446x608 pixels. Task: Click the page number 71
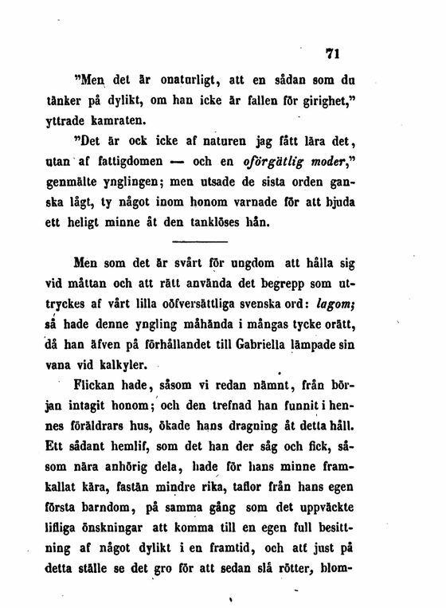point(332,54)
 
